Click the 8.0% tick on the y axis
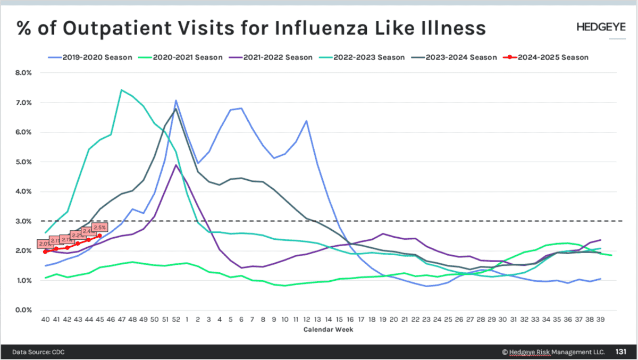pyautogui.click(x=24, y=73)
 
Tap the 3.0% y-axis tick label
pyautogui.click(x=24, y=221)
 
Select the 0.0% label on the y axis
pyautogui.click(x=24, y=310)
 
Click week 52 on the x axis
pyautogui.click(x=175, y=320)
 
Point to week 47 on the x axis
pyautogui.click(x=121, y=320)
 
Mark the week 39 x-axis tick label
pyautogui.click(x=600, y=320)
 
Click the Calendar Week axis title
pyautogui.click(x=328, y=330)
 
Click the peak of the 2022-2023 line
pyautogui.click(x=121, y=90)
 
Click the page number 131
pyautogui.click(x=621, y=351)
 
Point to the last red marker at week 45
pyautogui.click(x=99, y=236)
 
